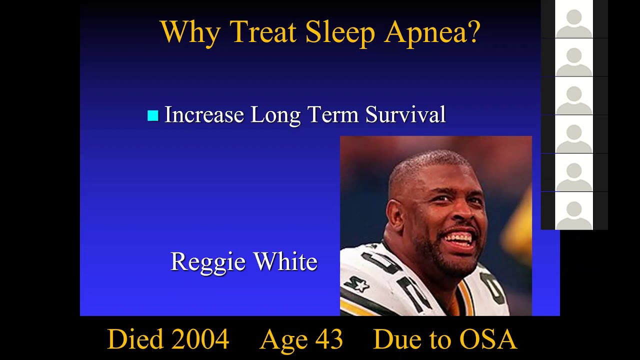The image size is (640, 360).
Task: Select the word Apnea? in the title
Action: [432, 32]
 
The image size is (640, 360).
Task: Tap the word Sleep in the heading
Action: [339, 32]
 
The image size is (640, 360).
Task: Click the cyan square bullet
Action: [153, 116]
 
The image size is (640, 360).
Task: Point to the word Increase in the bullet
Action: [203, 114]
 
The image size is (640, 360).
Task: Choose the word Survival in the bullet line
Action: [405, 114]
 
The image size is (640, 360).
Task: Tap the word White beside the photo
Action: [285, 261]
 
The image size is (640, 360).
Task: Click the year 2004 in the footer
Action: [200, 339]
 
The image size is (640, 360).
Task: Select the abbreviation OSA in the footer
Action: [487, 339]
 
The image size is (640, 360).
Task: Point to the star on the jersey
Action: [359, 285]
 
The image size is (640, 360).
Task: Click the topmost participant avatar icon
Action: [574, 20]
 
